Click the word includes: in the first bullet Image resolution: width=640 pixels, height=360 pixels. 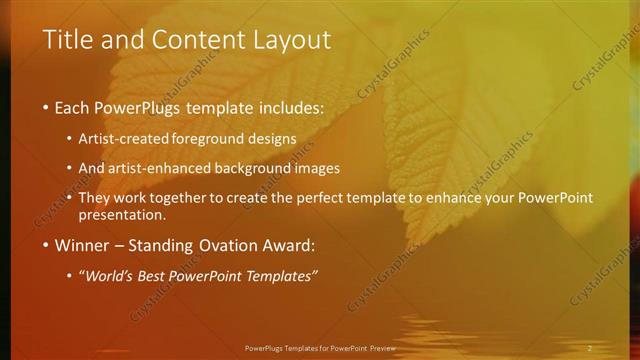tap(289, 105)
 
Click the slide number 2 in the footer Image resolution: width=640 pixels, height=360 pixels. tap(589, 347)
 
